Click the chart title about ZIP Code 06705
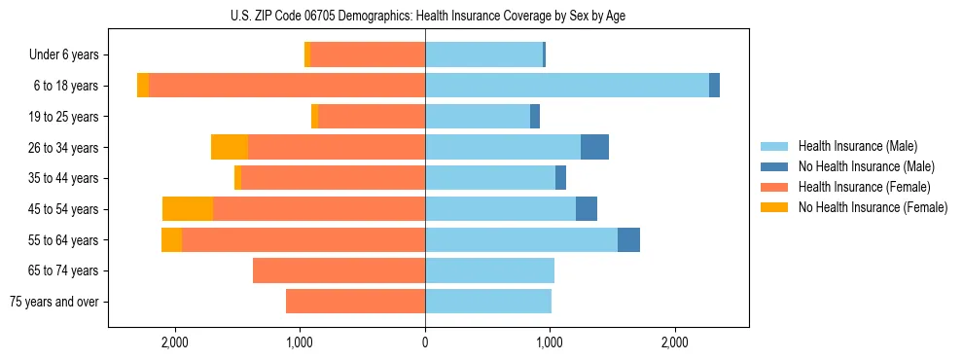(x=425, y=15)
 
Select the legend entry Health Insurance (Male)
(x=857, y=146)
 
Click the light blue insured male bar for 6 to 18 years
(x=567, y=86)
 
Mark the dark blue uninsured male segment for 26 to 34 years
(x=594, y=147)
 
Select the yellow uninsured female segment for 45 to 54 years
(x=188, y=209)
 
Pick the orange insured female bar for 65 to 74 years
(x=339, y=270)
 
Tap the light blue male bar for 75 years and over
(x=488, y=302)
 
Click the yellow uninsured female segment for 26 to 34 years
(x=230, y=147)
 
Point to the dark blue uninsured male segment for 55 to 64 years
(x=628, y=239)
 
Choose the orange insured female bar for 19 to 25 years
(x=372, y=117)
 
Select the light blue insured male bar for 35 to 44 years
(x=490, y=178)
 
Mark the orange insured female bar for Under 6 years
(x=368, y=55)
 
